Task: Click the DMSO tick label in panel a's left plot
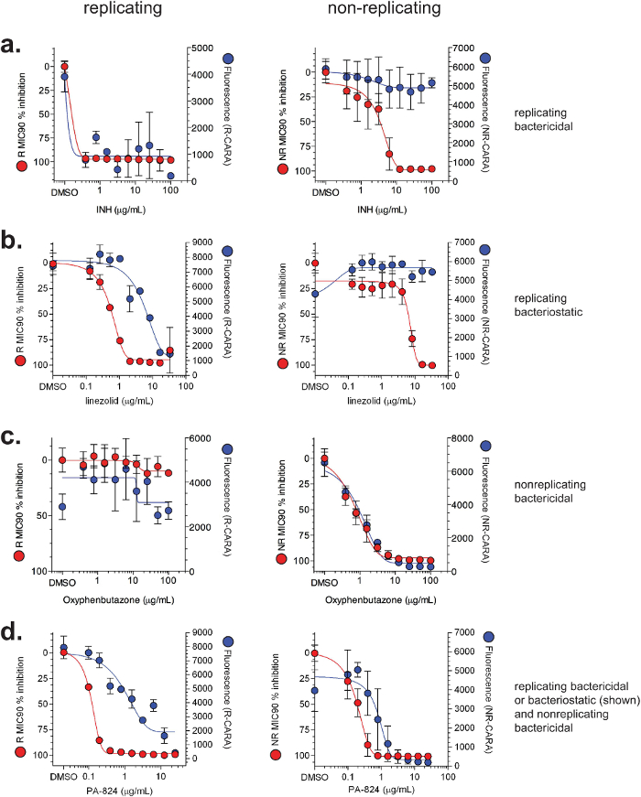click(x=63, y=194)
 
